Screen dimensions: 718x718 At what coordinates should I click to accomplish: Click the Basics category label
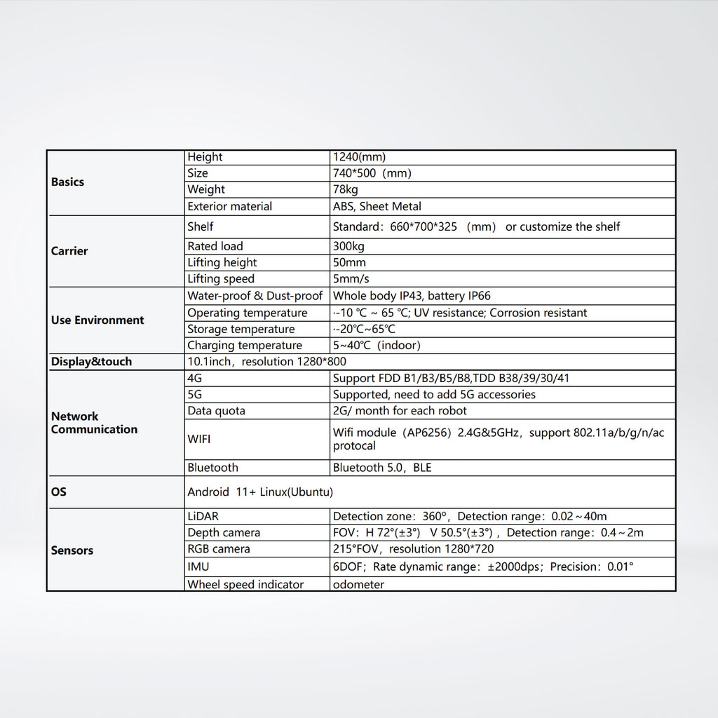tap(67, 182)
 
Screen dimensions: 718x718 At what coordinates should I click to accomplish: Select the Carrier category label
tap(69, 251)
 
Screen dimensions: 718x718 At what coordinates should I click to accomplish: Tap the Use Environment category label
tap(97, 320)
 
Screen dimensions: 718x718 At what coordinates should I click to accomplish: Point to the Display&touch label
tap(91, 362)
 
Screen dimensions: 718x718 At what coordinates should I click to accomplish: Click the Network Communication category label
tap(94, 423)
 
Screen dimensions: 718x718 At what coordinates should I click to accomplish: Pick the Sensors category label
tap(72, 550)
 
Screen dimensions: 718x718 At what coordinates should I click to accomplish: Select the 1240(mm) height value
tap(359, 157)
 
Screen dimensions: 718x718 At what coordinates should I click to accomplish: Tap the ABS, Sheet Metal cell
tap(377, 206)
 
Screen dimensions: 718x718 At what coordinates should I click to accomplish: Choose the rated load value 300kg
tap(348, 246)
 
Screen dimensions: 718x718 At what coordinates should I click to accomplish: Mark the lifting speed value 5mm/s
tap(350, 279)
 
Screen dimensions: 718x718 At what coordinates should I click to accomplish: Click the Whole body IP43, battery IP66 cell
tap(412, 296)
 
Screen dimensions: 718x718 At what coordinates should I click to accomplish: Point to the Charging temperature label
tap(245, 346)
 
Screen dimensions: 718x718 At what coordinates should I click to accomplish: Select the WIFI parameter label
tap(199, 440)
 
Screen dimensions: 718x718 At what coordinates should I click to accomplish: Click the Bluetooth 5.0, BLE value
tap(382, 468)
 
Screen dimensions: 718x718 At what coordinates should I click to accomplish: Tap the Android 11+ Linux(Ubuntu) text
tap(260, 492)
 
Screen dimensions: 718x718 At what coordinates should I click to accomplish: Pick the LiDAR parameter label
tap(203, 517)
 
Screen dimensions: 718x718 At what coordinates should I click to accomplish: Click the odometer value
tap(358, 585)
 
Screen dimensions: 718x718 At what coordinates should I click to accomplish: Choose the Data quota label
tap(216, 411)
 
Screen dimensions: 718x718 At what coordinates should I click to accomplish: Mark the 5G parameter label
tap(195, 395)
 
